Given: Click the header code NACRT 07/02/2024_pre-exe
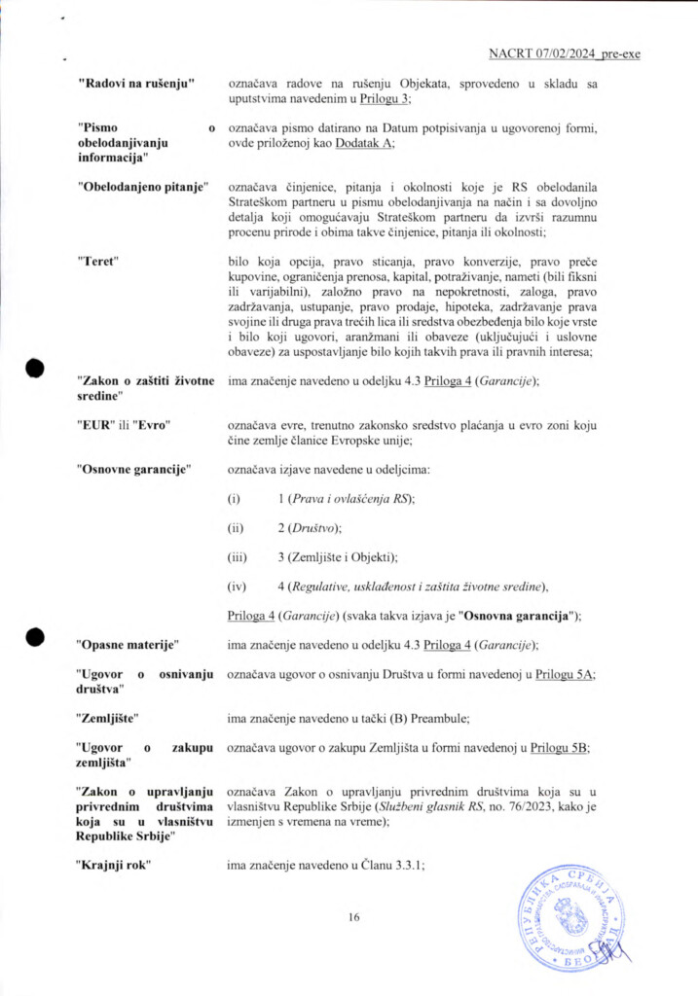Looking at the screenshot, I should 564,53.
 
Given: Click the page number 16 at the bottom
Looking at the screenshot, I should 354,915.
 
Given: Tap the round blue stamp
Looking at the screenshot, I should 570,918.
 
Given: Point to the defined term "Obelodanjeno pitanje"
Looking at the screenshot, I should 143,187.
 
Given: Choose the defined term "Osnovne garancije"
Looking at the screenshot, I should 133,470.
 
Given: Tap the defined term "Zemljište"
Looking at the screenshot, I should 107,718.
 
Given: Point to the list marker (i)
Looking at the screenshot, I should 234,499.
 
